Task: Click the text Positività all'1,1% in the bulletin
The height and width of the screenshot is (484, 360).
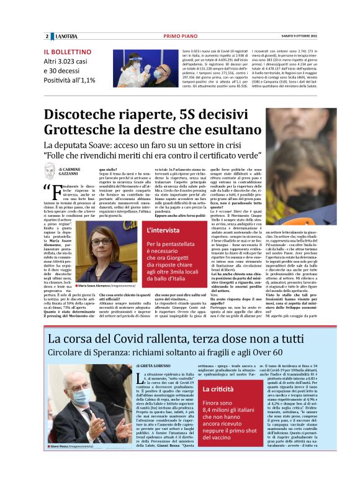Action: coord(70,80)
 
